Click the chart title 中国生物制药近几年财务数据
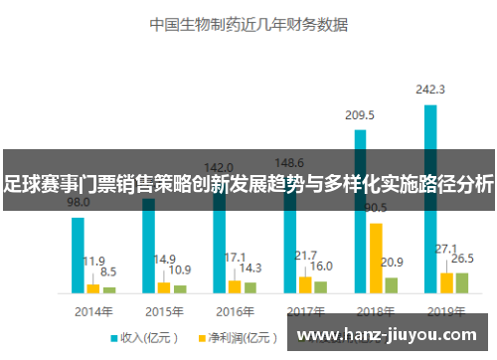[x=248, y=21]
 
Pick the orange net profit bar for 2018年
[x=376, y=258]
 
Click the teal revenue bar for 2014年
[x=78, y=255]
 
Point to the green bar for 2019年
[x=461, y=282]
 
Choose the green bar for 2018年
[x=392, y=284]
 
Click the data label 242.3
[x=430, y=90]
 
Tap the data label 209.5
[x=360, y=115]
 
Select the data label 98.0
[x=78, y=202]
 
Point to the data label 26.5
[x=462, y=259]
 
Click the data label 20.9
[x=392, y=263]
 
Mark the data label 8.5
[x=108, y=271]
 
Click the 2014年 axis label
[x=93, y=309]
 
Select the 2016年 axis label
[x=235, y=309]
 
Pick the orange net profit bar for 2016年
[x=235, y=286]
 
